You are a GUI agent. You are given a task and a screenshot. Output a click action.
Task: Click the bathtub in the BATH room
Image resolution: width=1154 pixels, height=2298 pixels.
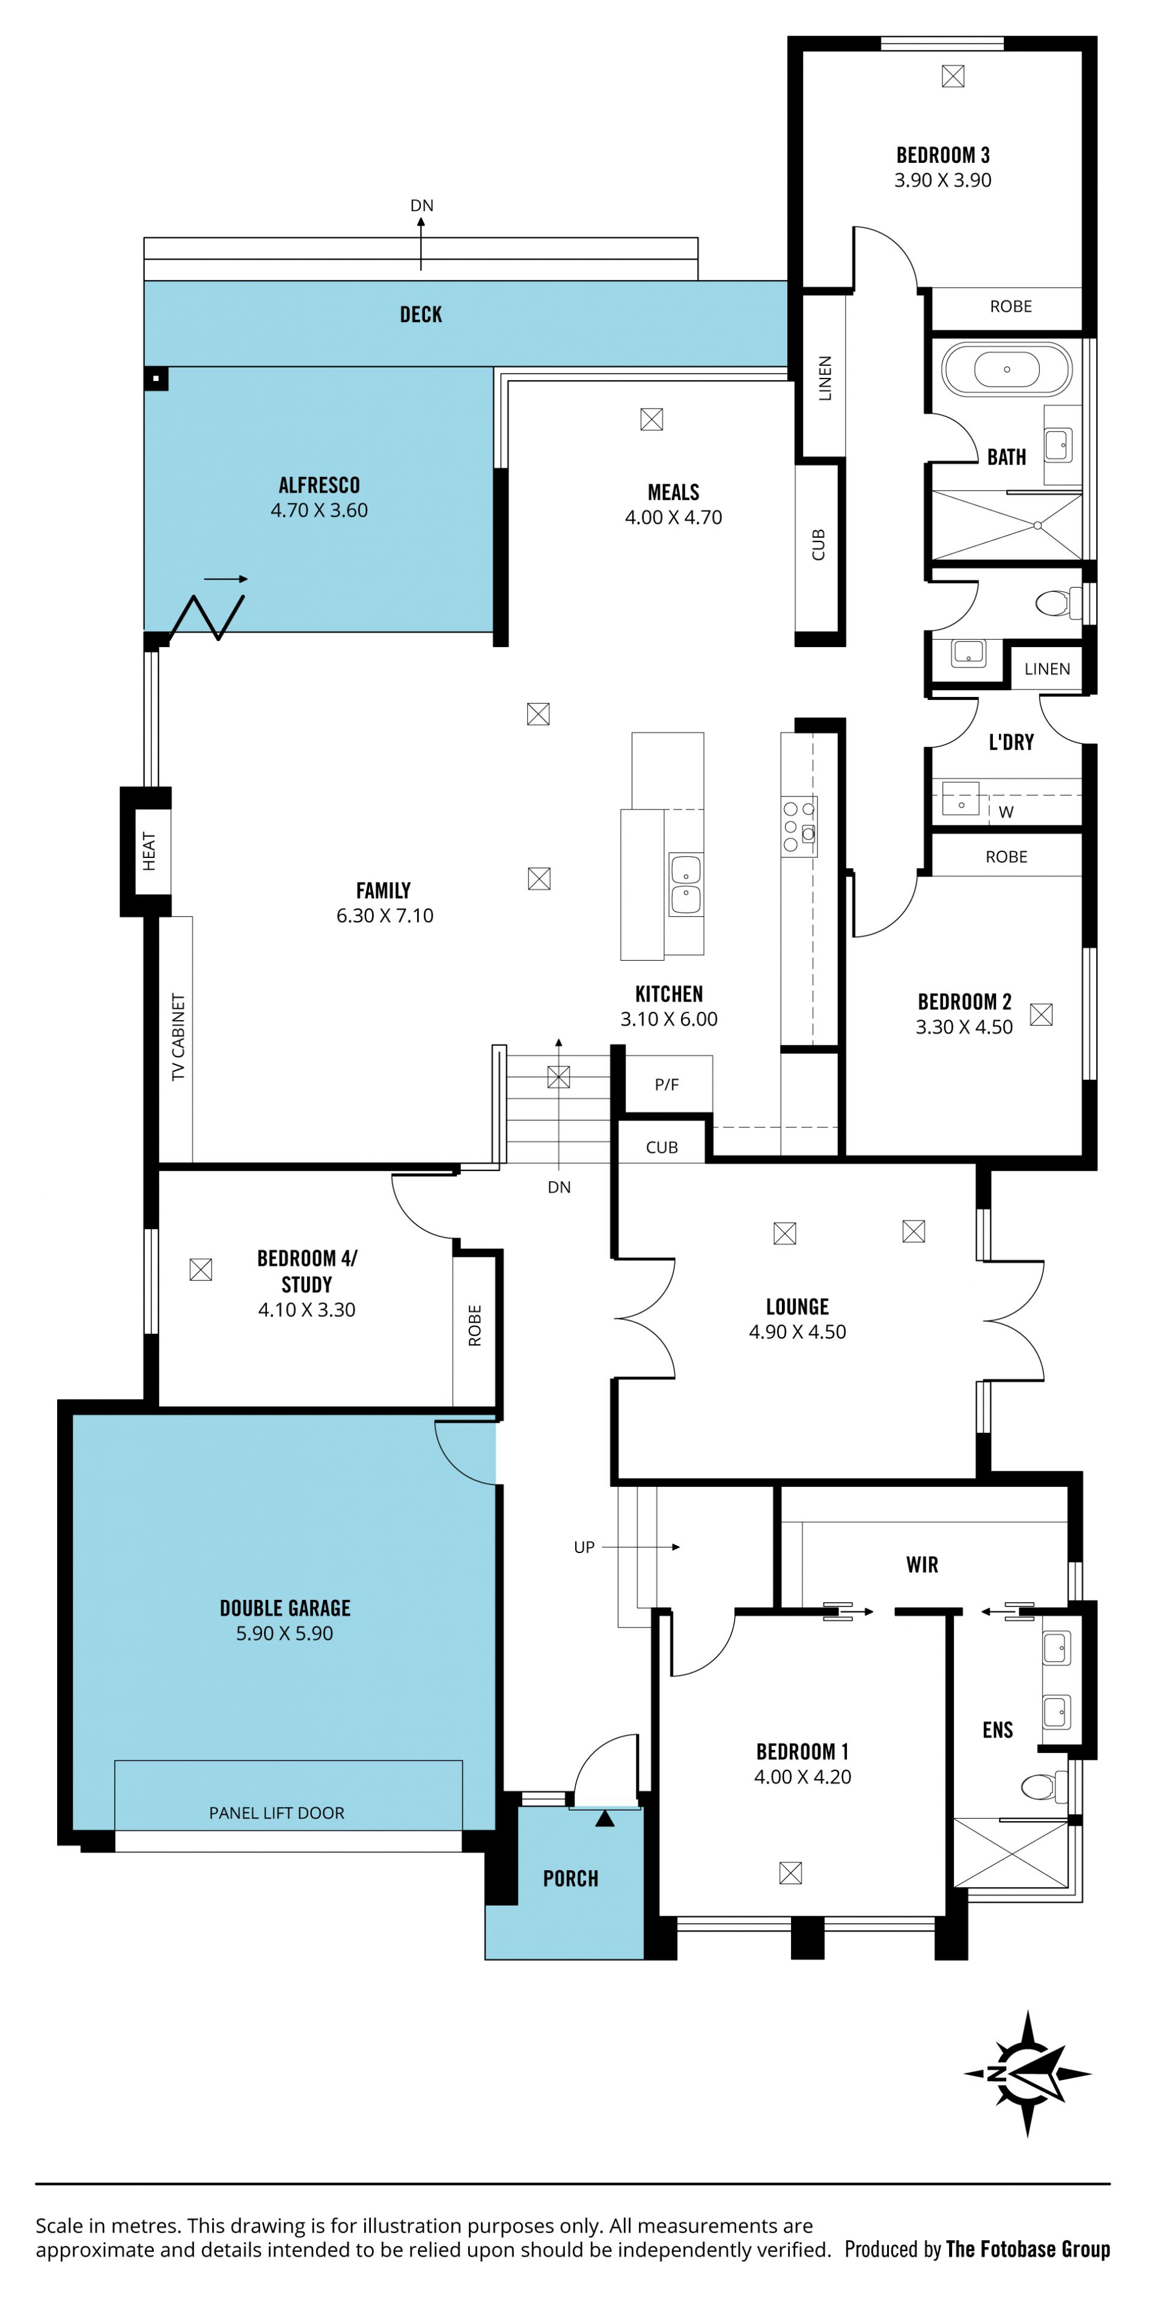(x=1006, y=368)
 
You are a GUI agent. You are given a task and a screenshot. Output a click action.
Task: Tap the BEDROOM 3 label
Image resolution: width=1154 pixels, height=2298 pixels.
(x=942, y=155)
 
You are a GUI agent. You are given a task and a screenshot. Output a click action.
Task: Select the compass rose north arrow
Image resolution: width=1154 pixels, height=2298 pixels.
(x=1027, y=2073)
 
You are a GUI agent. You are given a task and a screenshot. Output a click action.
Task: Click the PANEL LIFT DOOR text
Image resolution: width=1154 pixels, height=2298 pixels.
(x=276, y=1813)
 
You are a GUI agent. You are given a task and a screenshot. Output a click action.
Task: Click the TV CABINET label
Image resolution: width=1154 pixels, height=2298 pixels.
(x=179, y=1036)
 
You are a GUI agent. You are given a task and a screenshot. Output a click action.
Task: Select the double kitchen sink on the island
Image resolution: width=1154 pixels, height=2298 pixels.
(x=685, y=884)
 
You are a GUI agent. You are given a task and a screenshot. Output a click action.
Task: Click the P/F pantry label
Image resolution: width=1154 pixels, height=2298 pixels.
(x=667, y=1085)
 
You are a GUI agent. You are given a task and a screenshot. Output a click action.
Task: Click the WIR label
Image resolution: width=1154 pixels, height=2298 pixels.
(x=922, y=1564)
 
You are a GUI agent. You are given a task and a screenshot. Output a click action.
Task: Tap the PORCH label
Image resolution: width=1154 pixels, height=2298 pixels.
(x=570, y=1879)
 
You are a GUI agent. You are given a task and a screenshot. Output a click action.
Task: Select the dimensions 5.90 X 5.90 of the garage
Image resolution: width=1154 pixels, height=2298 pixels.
(x=285, y=1634)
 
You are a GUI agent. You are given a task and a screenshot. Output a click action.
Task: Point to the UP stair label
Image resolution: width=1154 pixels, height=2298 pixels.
(x=584, y=1547)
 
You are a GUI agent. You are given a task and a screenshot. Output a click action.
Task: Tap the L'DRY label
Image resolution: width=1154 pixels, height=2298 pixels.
(x=1011, y=742)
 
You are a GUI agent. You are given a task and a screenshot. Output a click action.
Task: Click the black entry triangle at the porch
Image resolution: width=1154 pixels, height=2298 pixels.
(x=605, y=1817)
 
